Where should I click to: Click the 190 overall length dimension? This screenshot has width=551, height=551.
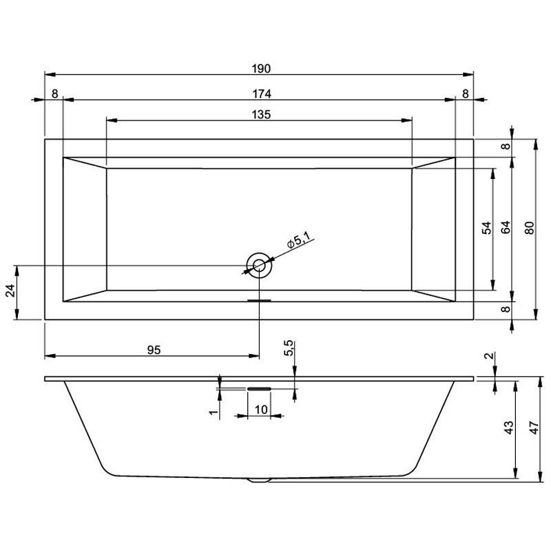pos(260,68)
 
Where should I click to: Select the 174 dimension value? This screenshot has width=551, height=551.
pos(260,94)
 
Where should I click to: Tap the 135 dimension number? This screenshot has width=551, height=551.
pos(260,114)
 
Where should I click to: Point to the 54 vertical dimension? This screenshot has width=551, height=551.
pos(486,229)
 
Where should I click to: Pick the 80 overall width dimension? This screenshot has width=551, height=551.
pos(529,228)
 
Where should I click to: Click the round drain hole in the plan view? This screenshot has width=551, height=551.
pos(259,264)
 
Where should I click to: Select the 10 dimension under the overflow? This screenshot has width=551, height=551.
pos(260,409)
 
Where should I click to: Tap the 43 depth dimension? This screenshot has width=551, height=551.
pos(508,428)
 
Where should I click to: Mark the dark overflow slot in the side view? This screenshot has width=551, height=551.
pos(259,389)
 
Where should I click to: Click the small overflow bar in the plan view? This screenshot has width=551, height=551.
pos(259,300)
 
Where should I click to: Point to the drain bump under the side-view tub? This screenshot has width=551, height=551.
pos(259,480)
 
